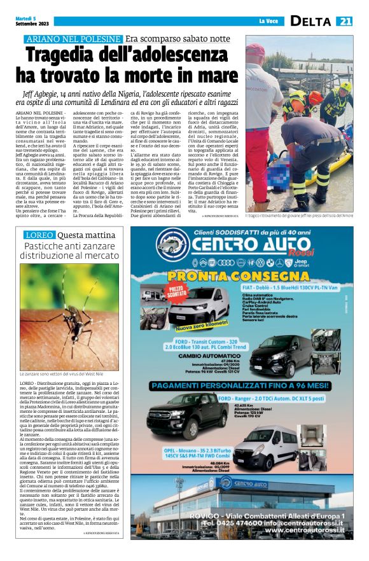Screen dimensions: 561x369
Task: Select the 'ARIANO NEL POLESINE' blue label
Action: pos(70,39)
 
